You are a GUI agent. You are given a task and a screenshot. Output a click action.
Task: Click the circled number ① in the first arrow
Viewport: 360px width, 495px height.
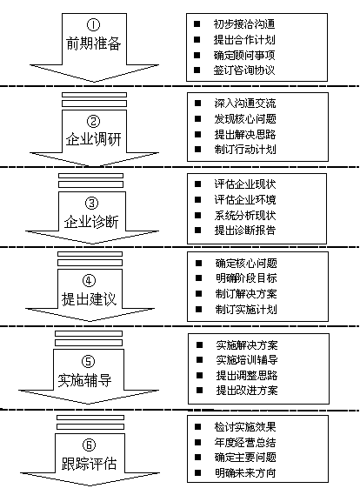(x=93, y=24)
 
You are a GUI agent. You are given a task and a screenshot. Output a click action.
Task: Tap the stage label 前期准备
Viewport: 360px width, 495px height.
(x=93, y=43)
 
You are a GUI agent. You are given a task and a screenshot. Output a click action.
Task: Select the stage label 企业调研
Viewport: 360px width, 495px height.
(x=93, y=139)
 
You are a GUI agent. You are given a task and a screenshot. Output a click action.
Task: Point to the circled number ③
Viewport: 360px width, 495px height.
(x=92, y=203)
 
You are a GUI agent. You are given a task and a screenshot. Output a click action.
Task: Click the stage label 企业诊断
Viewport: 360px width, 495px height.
(x=91, y=222)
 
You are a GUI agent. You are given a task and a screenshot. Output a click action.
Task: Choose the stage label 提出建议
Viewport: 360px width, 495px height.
(x=89, y=299)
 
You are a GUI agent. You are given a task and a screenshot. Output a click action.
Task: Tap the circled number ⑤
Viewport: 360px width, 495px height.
(x=88, y=362)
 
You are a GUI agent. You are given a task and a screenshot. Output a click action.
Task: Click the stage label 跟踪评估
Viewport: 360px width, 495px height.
(x=89, y=464)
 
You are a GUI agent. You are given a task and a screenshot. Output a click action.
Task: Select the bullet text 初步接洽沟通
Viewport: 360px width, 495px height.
(x=244, y=24)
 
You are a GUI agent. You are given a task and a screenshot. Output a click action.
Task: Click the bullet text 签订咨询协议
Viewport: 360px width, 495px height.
(x=244, y=70)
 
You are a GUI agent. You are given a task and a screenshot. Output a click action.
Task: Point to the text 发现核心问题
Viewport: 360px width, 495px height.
(x=245, y=118)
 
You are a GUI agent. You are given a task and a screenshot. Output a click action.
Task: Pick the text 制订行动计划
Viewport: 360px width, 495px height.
(x=245, y=149)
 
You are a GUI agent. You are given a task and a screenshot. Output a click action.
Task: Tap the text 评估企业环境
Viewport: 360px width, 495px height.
(x=245, y=199)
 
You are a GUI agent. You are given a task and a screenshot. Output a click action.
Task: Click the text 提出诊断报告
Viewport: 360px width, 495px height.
(x=245, y=230)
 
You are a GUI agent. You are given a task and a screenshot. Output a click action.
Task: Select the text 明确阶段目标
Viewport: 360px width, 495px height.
(x=246, y=278)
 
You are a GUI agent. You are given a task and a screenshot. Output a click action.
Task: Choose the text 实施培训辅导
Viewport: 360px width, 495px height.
(x=247, y=359)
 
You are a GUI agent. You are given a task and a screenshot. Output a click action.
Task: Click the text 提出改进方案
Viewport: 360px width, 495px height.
(x=247, y=391)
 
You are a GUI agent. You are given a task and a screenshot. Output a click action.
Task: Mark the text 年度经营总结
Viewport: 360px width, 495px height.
(x=245, y=442)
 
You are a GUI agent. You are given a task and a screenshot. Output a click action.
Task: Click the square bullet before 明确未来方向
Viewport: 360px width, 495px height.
(x=198, y=472)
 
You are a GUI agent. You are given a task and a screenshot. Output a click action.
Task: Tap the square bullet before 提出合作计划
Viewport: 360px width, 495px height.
(x=197, y=39)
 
